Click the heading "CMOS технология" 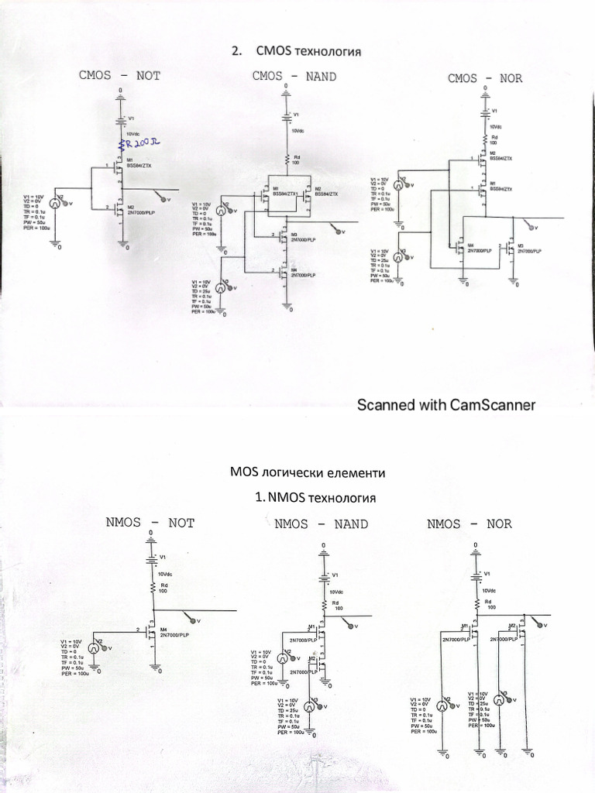pos(297,52)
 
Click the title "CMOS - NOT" pos(119,76)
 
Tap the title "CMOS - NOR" pos(485,78)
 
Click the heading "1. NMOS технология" pos(315,496)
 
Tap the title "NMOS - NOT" pos(150,523)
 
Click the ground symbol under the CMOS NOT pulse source pos(56,245)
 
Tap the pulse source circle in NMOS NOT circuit pos(92,649)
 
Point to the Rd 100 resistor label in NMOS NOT pos(164,589)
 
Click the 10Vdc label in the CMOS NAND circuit pos(298,131)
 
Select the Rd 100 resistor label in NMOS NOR pos(488,604)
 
